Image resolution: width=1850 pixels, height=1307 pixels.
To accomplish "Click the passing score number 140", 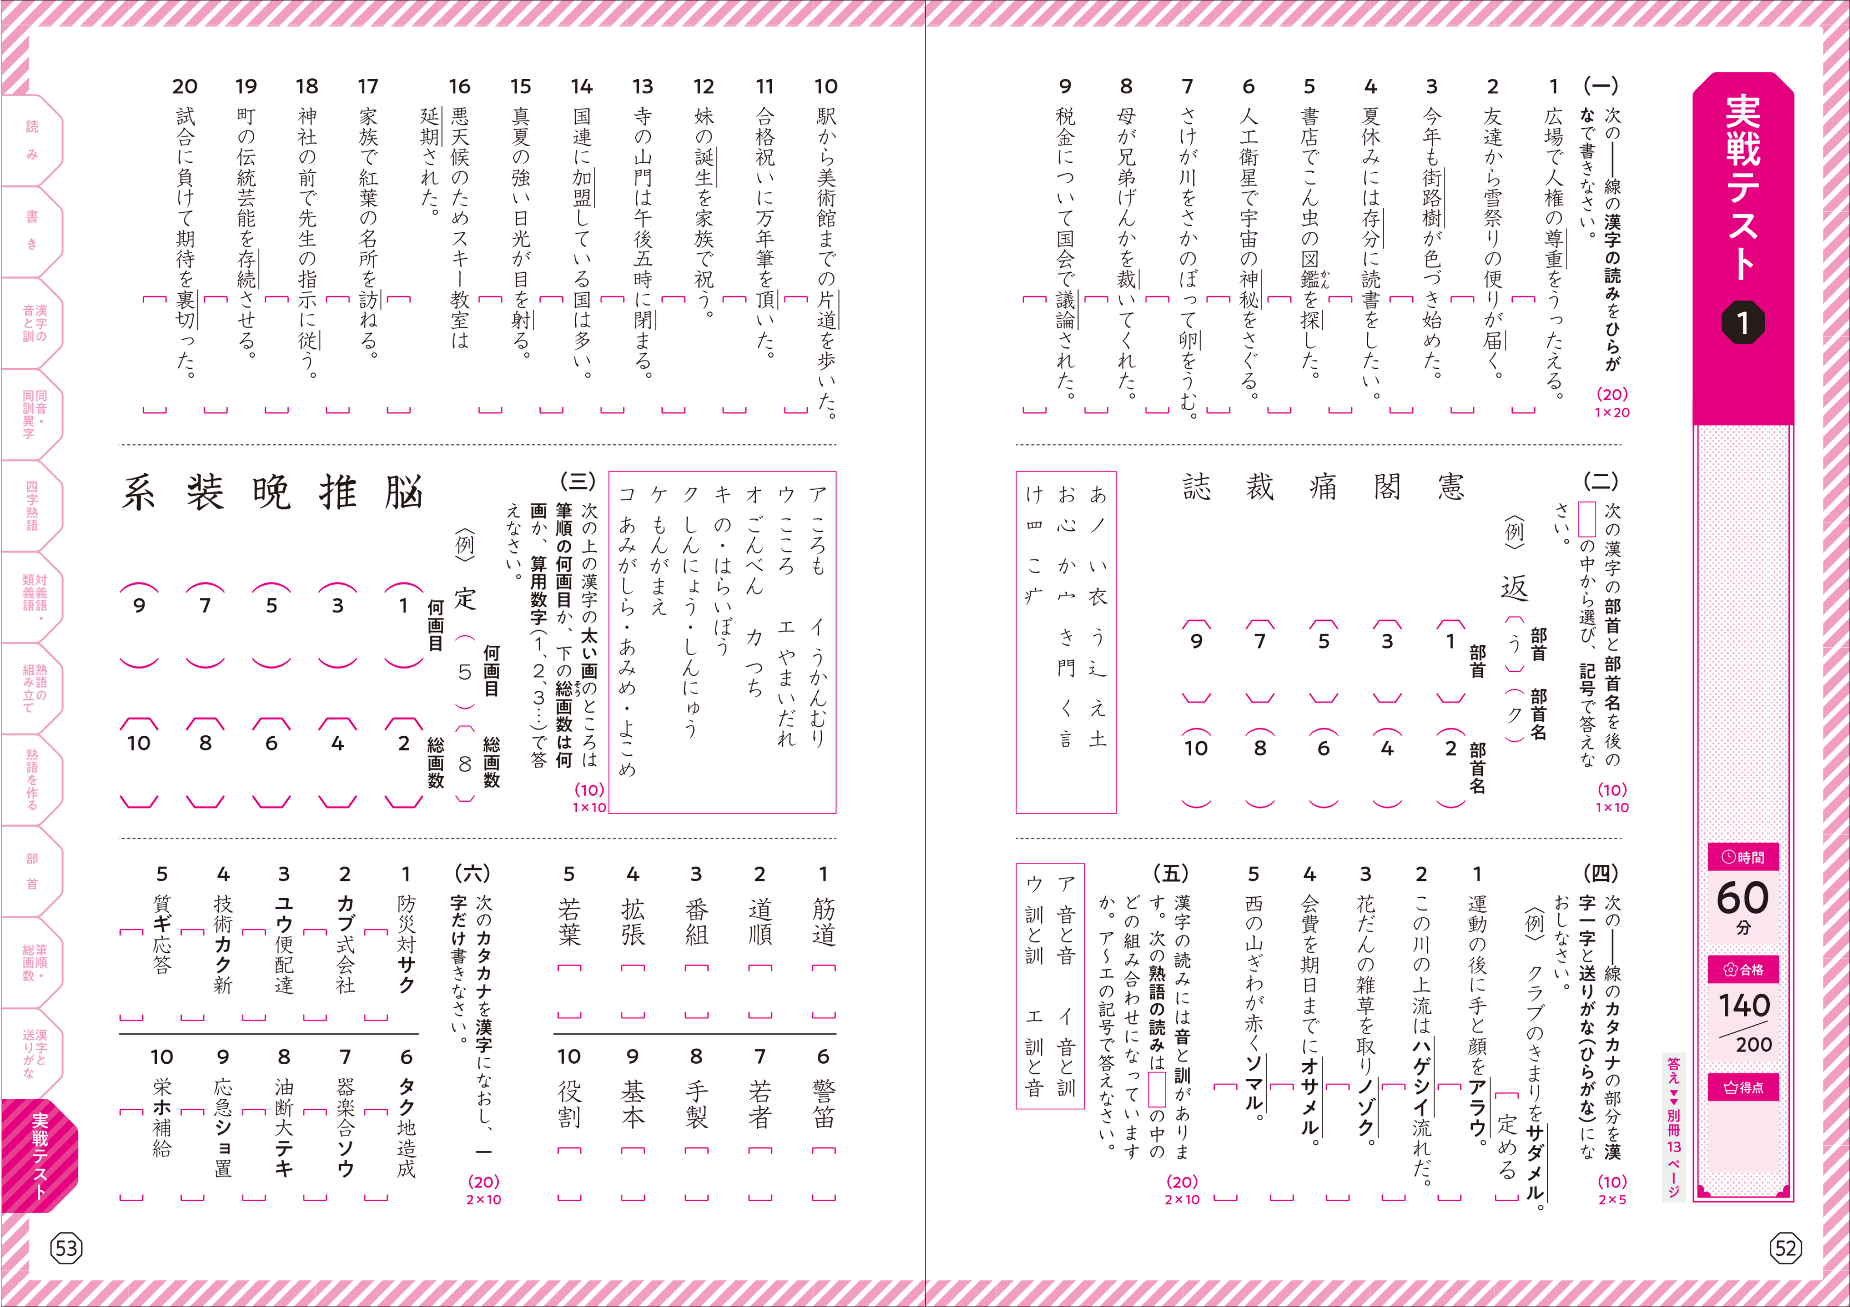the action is [x=1744, y=1006].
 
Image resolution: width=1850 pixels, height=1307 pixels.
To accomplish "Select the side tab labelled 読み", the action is [x=32, y=139].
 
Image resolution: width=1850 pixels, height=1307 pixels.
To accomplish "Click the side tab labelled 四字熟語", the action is [x=32, y=505].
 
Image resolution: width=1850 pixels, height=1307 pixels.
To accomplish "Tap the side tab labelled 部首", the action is [x=32, y=871].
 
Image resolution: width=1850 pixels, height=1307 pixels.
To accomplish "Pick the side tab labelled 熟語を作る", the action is [x=32, y=779].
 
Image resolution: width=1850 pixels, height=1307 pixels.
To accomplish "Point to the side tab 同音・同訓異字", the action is [x=34, y=414].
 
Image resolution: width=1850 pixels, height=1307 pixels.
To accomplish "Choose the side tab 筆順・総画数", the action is [x=34, y=962].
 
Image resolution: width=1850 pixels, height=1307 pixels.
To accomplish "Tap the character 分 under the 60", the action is [x=1743, y=928].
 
